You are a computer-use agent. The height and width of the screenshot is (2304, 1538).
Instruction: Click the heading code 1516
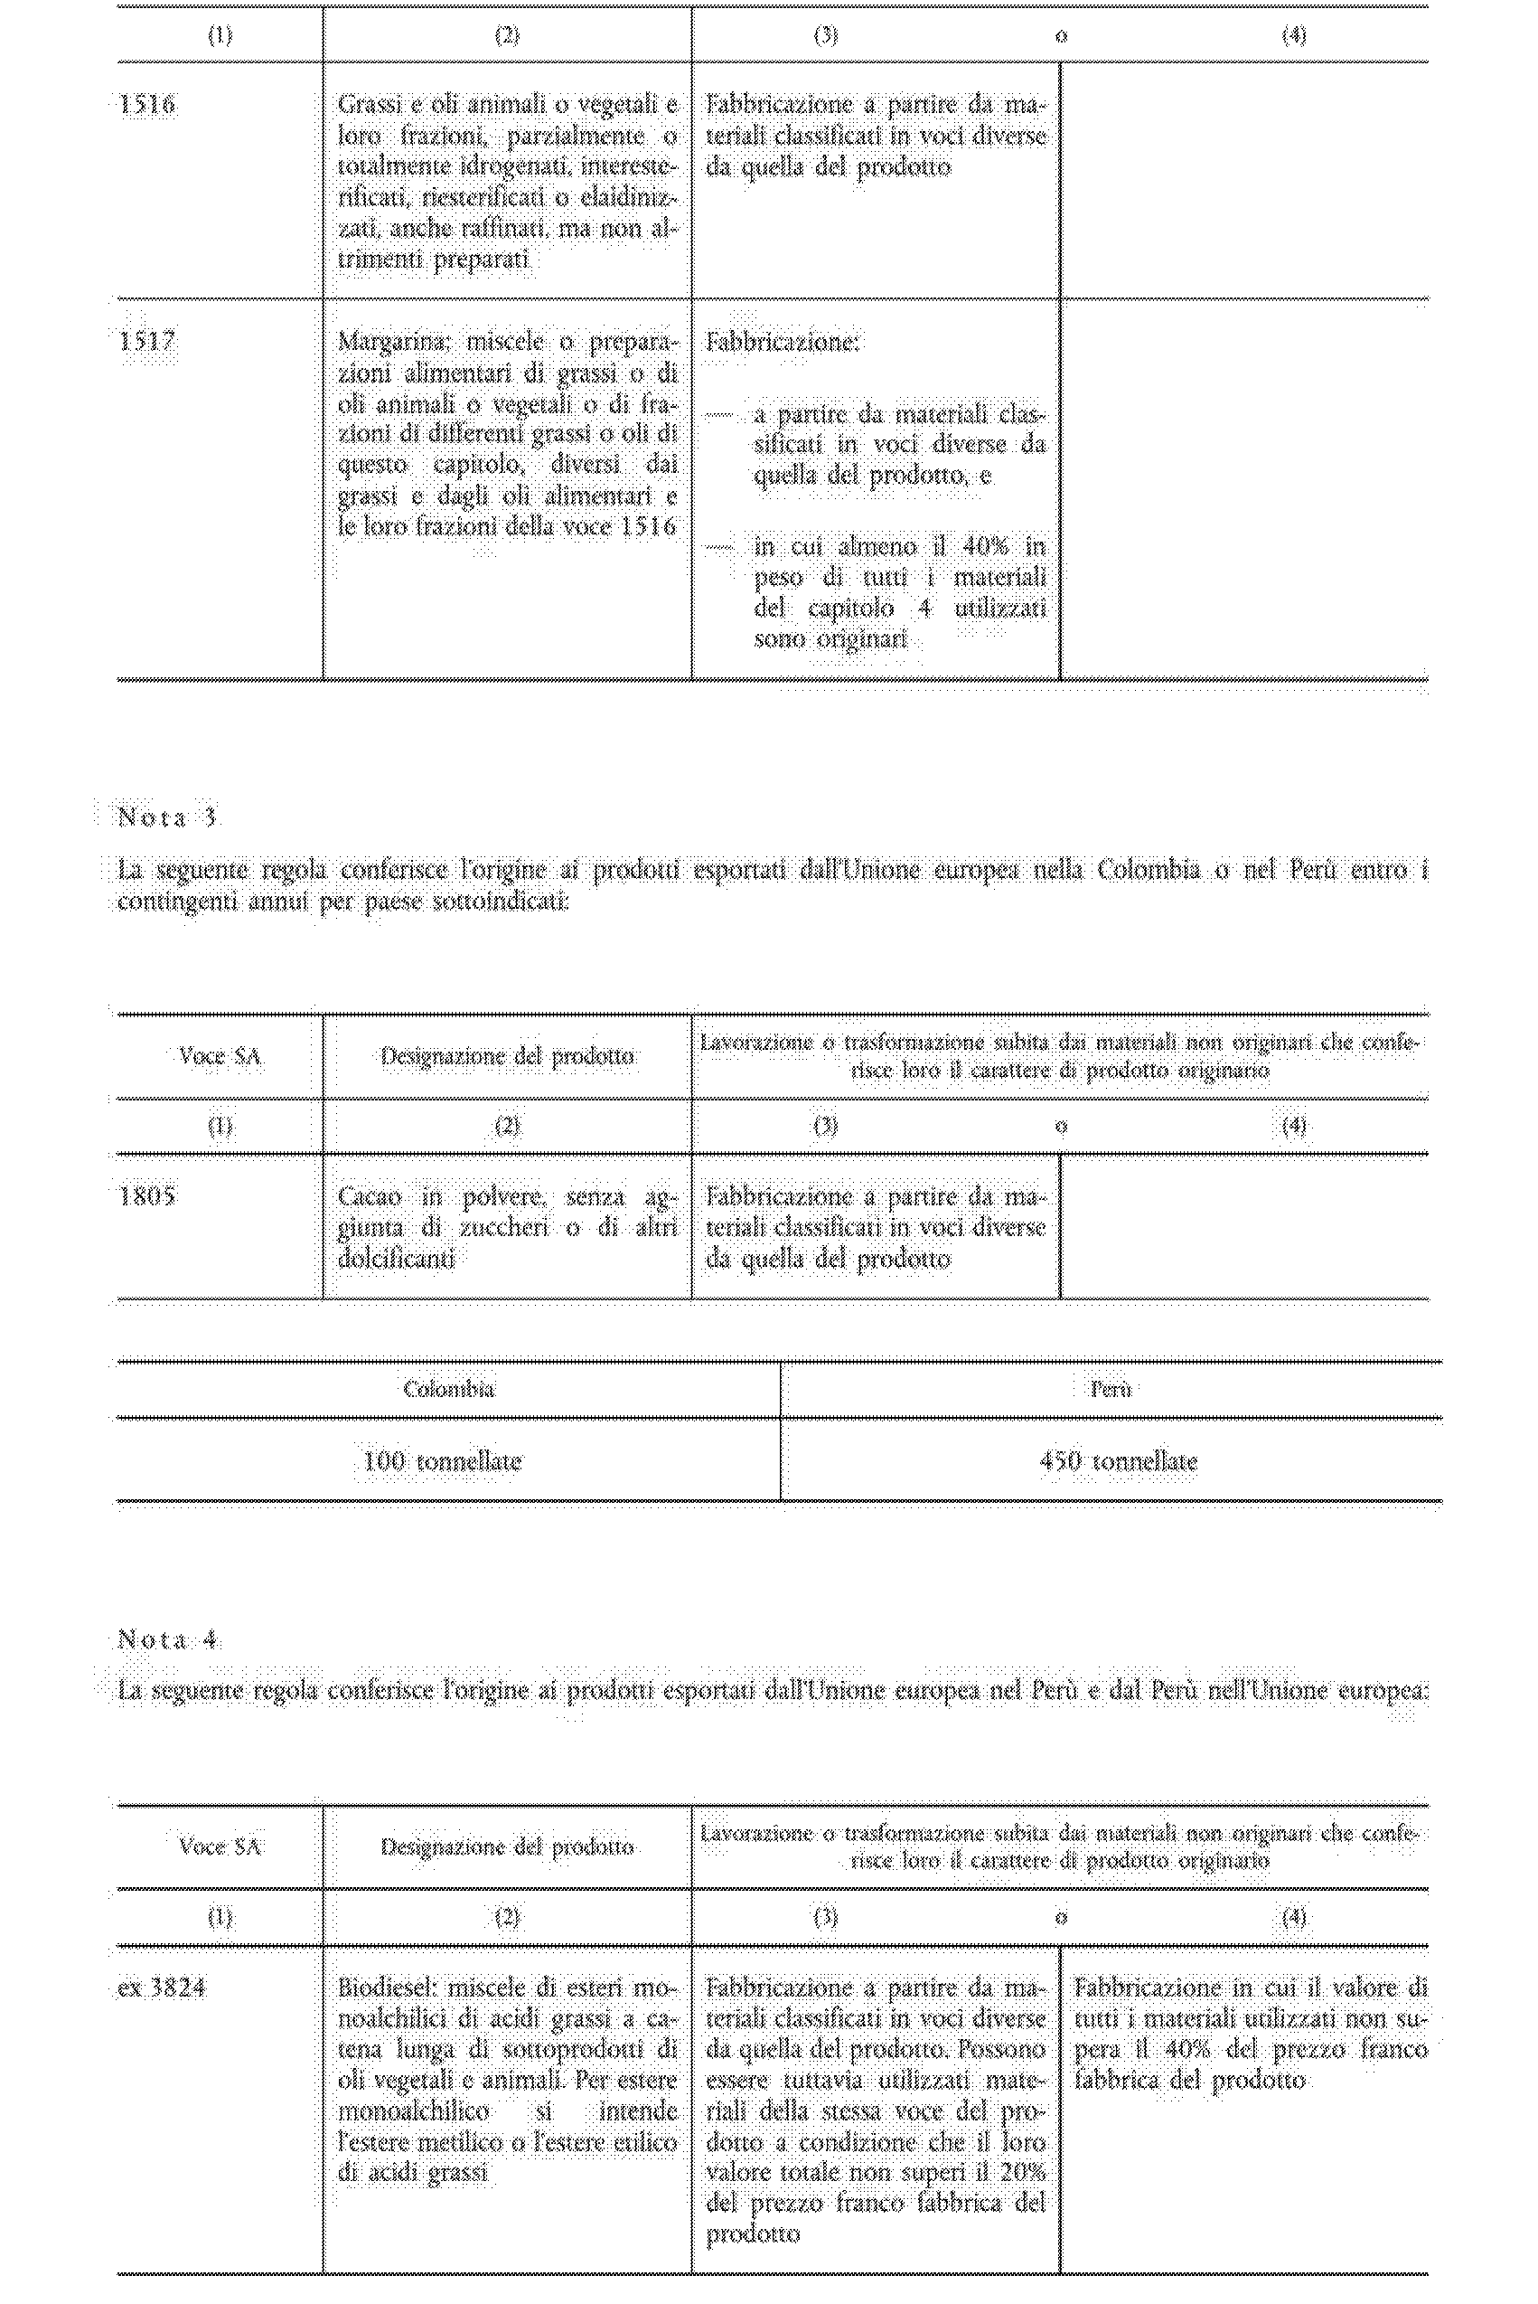point(147,104)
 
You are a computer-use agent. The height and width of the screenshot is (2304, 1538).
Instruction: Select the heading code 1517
point(147,342)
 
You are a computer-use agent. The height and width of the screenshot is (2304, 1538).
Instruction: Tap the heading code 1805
point(147,1196)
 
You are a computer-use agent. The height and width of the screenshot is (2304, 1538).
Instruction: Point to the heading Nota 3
point(168,817)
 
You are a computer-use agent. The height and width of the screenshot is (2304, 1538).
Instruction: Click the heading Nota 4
point(168,1639)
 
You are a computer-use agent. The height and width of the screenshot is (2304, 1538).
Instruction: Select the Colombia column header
point(448,1390)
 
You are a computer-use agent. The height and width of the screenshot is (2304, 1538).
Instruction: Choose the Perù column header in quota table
point(1111,1390)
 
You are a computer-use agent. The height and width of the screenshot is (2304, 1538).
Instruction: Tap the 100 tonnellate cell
point(443,1461)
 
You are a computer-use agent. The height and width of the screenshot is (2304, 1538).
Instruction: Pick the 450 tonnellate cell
point(1118,1461)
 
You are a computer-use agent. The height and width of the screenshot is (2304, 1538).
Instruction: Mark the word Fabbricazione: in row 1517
point(782,343)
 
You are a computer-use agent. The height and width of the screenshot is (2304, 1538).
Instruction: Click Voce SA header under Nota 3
point(220,1057)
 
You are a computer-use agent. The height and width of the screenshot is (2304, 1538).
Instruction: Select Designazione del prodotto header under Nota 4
point(506,1847)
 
